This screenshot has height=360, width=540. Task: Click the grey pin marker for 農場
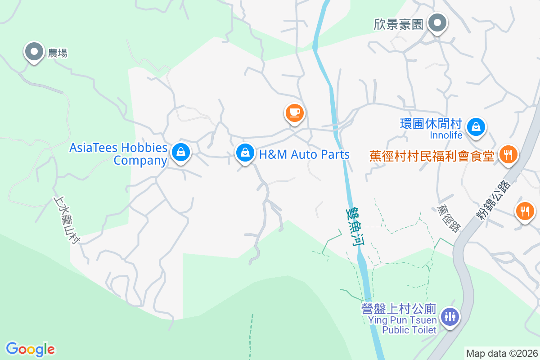pos(34,52)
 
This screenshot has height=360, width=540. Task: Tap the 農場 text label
pos(58,53)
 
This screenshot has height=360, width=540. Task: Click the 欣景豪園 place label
pos(399,24)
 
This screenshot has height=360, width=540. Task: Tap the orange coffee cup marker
pos(294,112)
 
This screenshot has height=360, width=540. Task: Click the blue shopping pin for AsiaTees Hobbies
pos(180,152)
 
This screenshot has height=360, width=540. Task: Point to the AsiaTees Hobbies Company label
pos(118,154)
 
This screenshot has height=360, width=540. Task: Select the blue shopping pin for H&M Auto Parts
pos(245,153)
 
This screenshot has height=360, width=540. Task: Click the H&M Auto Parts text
pos(304,154)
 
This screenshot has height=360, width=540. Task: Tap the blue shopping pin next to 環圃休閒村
pos(476,127)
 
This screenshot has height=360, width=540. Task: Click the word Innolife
pos(446,135)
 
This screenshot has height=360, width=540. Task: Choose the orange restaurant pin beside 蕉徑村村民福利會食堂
pos(508,155)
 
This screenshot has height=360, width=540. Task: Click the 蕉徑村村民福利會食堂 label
pos(432,156)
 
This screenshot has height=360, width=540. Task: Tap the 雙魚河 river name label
pos(355,225)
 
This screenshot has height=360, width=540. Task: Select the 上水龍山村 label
pos(66,219)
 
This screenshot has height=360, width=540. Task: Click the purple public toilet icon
pos(450,316)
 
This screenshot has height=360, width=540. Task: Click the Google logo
pos(30,349)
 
